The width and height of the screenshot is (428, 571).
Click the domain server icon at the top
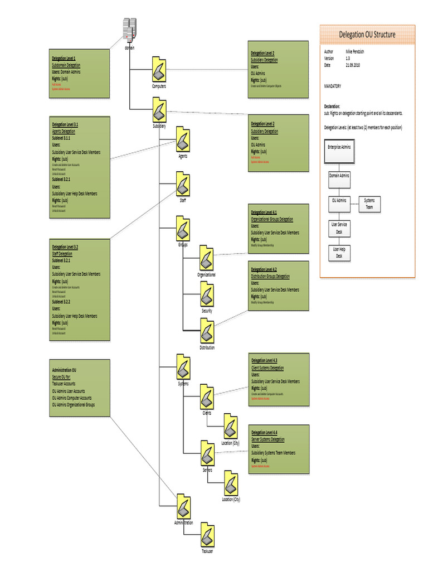(129, 31)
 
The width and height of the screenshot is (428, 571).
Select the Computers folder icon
(159, 70)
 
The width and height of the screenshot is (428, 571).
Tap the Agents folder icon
(183, 139)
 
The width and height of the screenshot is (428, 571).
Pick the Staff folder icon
(183, 185)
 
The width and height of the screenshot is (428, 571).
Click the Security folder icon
(207, 294)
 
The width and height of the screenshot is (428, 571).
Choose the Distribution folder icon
(207, 331)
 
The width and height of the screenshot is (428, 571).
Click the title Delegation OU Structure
(367, 35)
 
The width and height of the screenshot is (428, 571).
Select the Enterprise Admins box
(339, 147)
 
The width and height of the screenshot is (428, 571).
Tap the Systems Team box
(369, 204)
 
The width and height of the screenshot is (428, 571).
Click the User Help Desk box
(339, 252)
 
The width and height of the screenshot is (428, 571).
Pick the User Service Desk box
(339, 228)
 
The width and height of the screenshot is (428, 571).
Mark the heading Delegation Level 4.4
(264, 433)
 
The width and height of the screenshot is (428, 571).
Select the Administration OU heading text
(64, 370)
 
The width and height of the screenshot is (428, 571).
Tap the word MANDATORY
(333, 86)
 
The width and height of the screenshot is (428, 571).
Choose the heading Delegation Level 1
(64, 58)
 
